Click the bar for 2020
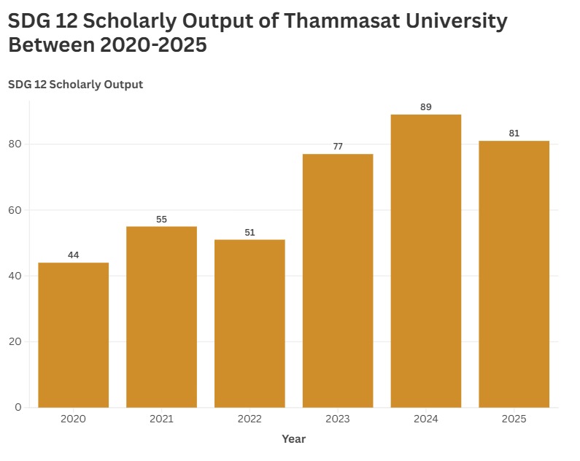pyautogui.click(x=73, y=335)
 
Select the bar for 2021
pyautogui.click(x=161, y=317)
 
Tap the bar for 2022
pyautogui.click(x=250, y=323)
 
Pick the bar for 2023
pyautogui.click(x=338, y=280)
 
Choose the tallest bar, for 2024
pyautogui.click(x=426, y=260)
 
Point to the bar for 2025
pyautogui.click(x=514, y=274)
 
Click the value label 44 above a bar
pyautogui.click(x=73, y=255)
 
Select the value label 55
pyautogui.click(x=161, y=219)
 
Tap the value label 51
pyautogui.click(x=250, y=232)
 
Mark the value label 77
pyautogui.click(x=338, y=147)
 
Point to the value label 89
pyautogui.click(x=426, y=107)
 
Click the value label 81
pyautogui.click(x=514, y=133)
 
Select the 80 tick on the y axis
pyautogui.click(x=15, y=144)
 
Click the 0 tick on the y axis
pyautogui.click(x=18, y=407)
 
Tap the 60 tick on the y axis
pyautogui.click(x=15, y=210)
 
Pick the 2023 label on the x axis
pyautogui.click(x=338, y=419)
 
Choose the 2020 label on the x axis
pyautogui.click(x=73, y=419)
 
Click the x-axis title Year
pyautogui.click(x=294, y=439)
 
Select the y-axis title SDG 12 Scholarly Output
pyautogui.click(x=75, y=85)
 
